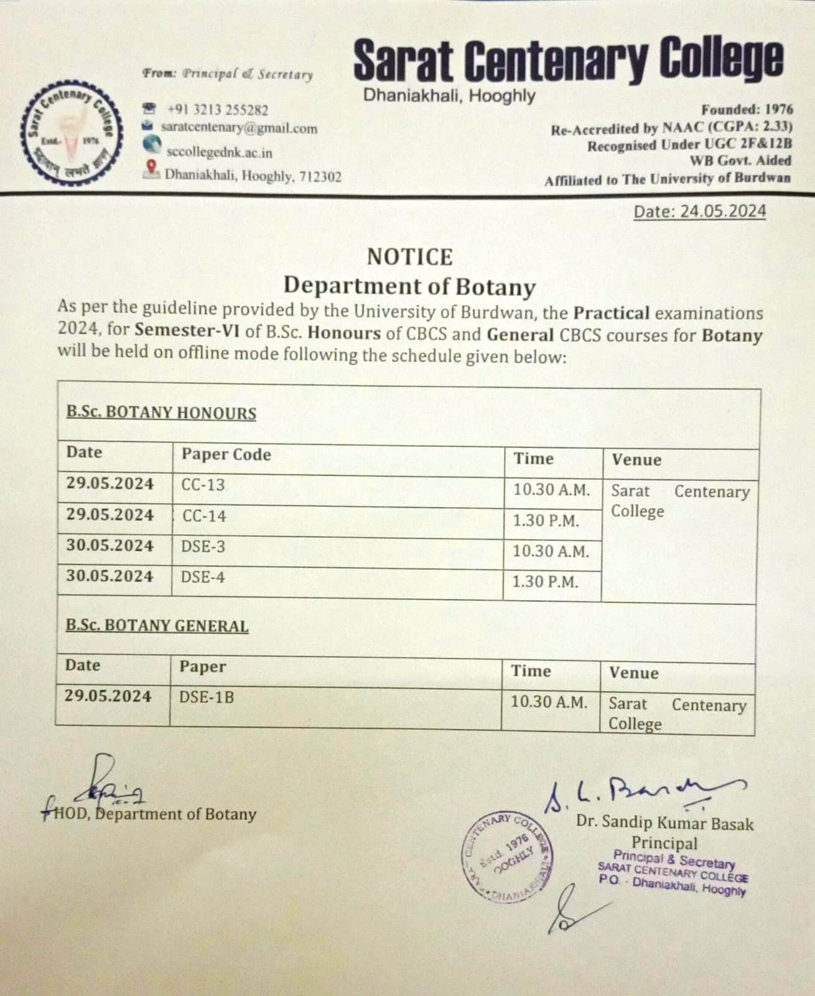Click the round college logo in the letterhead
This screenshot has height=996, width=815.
pyautogui.click(x=70, y=134)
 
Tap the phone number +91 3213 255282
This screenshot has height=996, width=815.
pyautogui.click(x=217, y=110)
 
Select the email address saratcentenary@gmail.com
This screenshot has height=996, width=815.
pyautogui.click(x=239, y=128)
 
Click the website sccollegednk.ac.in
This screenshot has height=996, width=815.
pyautogui.click(x=219, y=152)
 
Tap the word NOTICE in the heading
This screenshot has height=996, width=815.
pyautogui.click(x=409, y=256)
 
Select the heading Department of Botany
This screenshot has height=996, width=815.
pyautogui.click(x=409, y=286)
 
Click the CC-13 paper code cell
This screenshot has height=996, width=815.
pyautogui.click(x=203, y=485)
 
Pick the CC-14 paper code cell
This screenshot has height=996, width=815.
pyautogui.click(x=204, y=516)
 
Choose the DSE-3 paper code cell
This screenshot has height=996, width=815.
pyautogui.click(x=203, y=547)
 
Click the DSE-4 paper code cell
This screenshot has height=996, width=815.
pyautogui.click(x=203, y=577)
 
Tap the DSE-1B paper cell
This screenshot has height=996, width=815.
pyautogui.click(x=207, y=697)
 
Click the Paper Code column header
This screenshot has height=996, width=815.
pyautogui.click(x=226, y=454)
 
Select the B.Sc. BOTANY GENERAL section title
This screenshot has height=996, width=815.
pyautogui.click(x=157, y=626)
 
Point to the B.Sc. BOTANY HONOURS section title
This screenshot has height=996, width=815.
pyautogui.click(x=161, y=413)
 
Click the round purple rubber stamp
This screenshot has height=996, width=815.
pyautogui.click(x=508, y=856)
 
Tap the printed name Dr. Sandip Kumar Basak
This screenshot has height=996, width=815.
pyautogui.click(x=664, y=823)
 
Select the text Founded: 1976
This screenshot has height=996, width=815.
pyautogui.click(x=747, y=110)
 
